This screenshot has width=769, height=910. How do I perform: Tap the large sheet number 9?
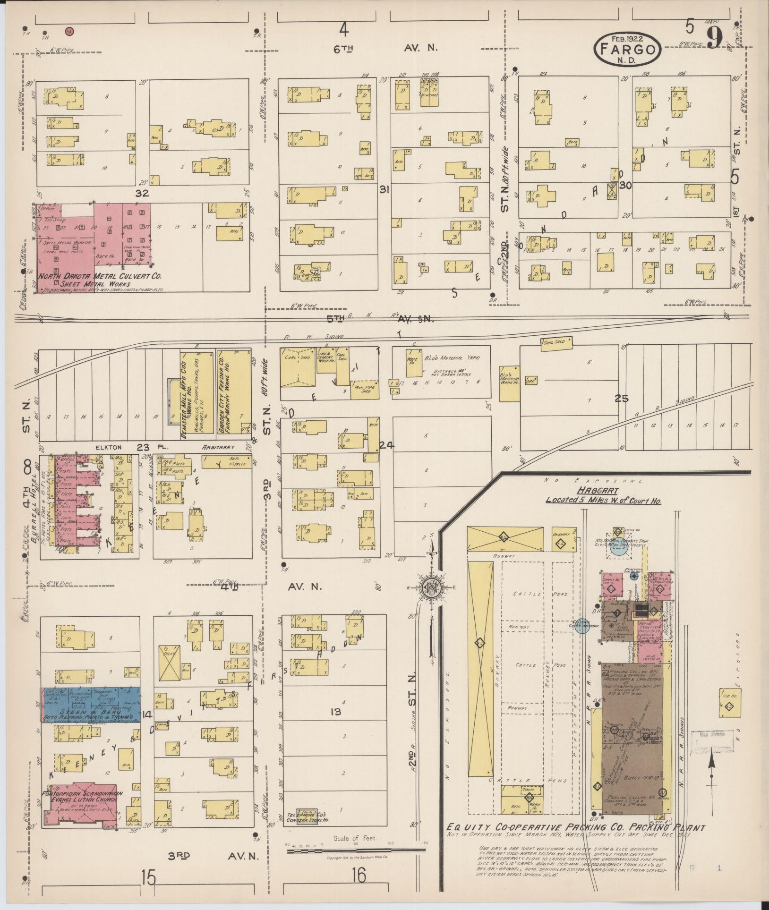click(715, 37)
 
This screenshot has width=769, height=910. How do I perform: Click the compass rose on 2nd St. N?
click(431, 587)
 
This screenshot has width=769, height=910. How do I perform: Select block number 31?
click(384, 189)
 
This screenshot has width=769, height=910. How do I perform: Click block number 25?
click(622, 399)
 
